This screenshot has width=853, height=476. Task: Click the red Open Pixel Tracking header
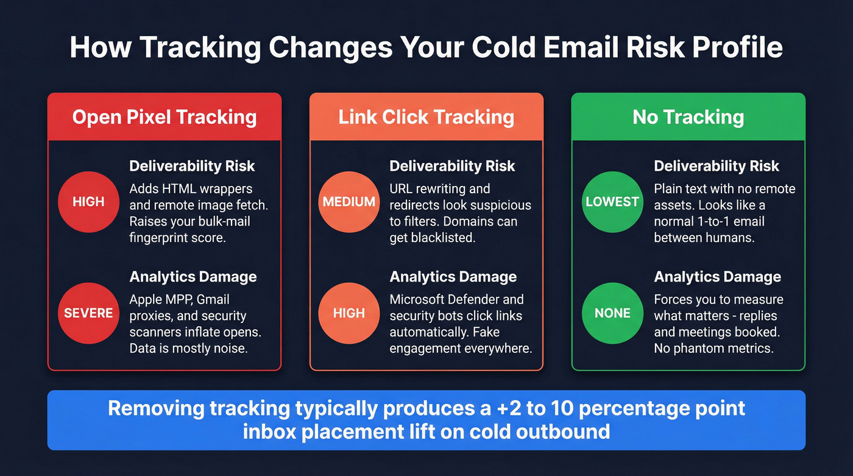pyautogui.click(x=165, y=117)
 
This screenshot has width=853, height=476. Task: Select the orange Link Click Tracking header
pyautogui.click(x=426, y=117)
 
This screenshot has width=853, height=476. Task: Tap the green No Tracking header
pyautogui.click(x=688, y=117)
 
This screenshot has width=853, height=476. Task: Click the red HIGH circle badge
pyautogui.click(x=88, y=202)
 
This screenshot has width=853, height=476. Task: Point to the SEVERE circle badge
pyautogui.click(x=88, y=313)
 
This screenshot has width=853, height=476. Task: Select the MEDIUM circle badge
pyautogui.click(x=349, y=202)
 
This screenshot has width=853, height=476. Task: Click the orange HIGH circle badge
pyautogui.click(x=349, y=313)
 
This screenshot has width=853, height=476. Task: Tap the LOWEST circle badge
pyautogui.click(x=612, y=202)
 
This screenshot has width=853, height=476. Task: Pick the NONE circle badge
pyautogui.click(x=612, y=313)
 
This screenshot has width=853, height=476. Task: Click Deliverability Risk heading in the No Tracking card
pyautogui.click(x=717, y=166)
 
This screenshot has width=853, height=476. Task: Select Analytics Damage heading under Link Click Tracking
pyautogui.click(x=453, y=277)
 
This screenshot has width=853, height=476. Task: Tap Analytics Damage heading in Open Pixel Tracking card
pyautogui.click(x=193, y=277)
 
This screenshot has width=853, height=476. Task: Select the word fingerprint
pyautogui.click(x=160, y=238)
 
